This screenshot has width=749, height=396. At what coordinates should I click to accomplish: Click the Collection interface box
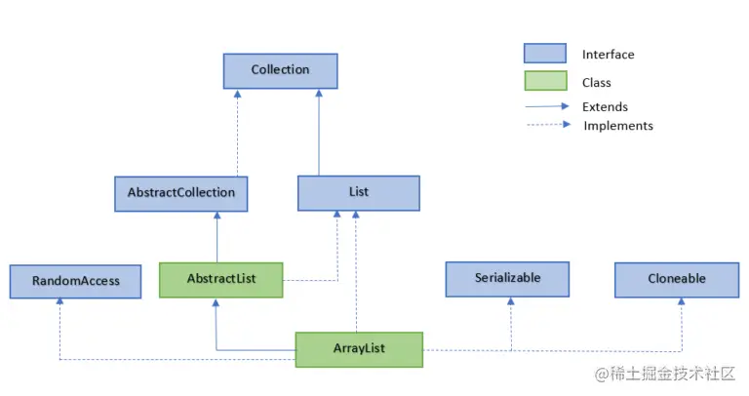tap(280, 70)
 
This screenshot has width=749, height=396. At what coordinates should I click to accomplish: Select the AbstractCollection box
tap(180, 193)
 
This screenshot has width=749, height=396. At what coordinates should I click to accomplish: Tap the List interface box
tap(358, 193)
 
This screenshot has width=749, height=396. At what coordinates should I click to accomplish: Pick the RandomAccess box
tap(75, 281)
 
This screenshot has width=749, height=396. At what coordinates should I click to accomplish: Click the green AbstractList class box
tap(220, 279)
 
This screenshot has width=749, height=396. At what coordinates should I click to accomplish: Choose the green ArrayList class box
tap(359, 349)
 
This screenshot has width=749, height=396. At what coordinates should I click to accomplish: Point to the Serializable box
tap(507, 278)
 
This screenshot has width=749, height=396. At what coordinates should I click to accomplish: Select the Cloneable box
tap(676, 279)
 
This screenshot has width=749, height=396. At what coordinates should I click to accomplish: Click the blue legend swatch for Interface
tap(544, 54)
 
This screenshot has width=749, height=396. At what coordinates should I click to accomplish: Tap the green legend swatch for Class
tap(544, 82)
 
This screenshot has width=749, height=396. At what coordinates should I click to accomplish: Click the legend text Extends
tap(605, 107)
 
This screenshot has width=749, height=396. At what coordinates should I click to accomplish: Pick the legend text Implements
tap(617, 126)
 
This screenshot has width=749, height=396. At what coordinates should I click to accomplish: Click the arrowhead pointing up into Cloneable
tap(682, 302)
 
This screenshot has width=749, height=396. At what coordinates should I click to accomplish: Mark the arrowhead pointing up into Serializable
tap(510, 302)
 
